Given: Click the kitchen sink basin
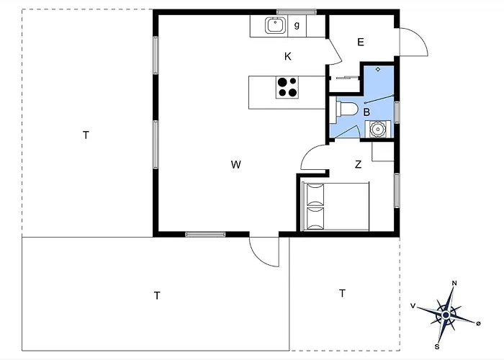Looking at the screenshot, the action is [x=275, y=25].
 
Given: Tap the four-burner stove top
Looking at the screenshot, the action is [x=287, y=87].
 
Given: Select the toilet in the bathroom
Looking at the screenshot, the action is [x=346, y=109].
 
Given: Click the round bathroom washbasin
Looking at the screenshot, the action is [x=378, y=129].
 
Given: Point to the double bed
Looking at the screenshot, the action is [x=336, y=207].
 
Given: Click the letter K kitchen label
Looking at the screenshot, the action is [x=288, y=57].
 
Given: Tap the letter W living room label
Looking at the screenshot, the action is [x=236, y=165].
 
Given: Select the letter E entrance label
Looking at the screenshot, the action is [x=361, y=42].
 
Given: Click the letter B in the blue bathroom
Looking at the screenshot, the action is [x=366, y=112].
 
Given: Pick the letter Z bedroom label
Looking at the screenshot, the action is [x=358, y=165].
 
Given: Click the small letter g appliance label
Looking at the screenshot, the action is [x=297, y=25].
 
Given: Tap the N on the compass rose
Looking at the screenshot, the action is [x=454, y=283].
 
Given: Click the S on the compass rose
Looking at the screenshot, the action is [x=437, y=347].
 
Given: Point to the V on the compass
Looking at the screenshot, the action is [x=413, y=306].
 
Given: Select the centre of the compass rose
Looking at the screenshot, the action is [x=446, y=315].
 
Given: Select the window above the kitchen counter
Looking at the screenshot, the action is [x=297, y=12].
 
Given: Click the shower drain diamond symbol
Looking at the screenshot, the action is [x=378, y=69].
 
